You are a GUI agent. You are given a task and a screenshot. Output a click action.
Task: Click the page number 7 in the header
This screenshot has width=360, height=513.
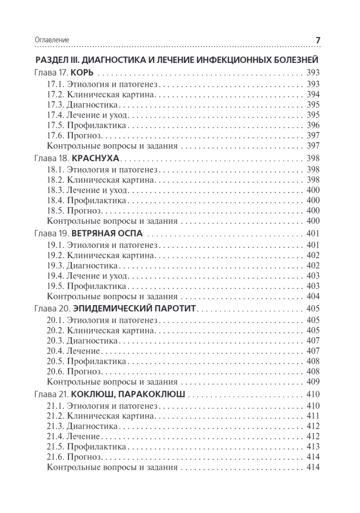[318, 40]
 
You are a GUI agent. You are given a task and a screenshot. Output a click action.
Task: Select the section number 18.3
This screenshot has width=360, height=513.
[55, 189]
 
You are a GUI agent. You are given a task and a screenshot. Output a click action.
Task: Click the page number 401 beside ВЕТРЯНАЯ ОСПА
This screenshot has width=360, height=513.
[313, 233]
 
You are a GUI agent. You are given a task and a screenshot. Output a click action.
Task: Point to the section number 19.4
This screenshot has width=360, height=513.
[55, 275]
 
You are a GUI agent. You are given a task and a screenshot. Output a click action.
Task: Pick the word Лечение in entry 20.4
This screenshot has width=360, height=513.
[83, 351]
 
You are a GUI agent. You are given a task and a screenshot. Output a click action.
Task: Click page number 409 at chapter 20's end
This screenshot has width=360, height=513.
[313, 382]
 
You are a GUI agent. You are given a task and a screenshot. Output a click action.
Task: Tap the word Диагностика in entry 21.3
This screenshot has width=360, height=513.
[92, 426]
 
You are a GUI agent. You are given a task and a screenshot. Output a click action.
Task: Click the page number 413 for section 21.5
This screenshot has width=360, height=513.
[313, 447]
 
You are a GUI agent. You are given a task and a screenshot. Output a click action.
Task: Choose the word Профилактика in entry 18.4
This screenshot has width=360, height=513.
[96, 200]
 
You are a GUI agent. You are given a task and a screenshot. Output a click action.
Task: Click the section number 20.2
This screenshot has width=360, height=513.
[55, 330]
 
